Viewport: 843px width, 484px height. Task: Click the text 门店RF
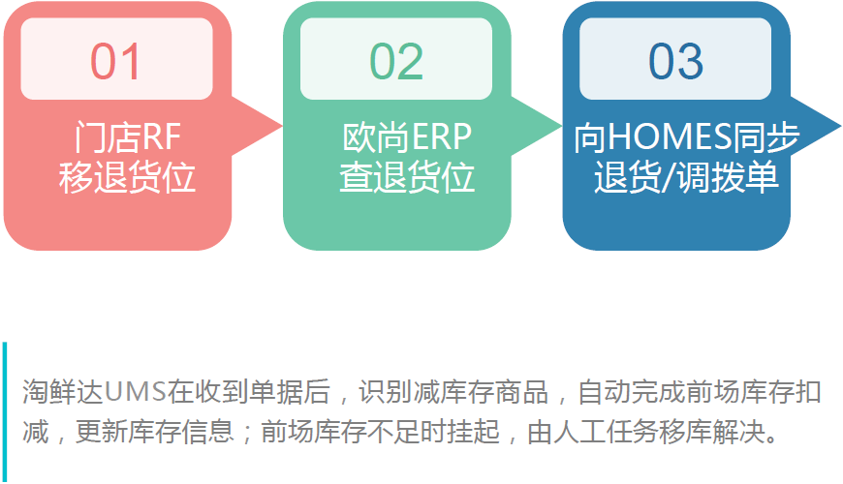127,136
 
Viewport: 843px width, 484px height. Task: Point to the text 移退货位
127,178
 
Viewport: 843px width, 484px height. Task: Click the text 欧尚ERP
407,136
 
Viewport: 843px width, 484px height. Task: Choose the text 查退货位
407,178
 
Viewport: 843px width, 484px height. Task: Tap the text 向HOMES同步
686,136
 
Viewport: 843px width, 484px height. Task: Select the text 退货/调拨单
686,178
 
